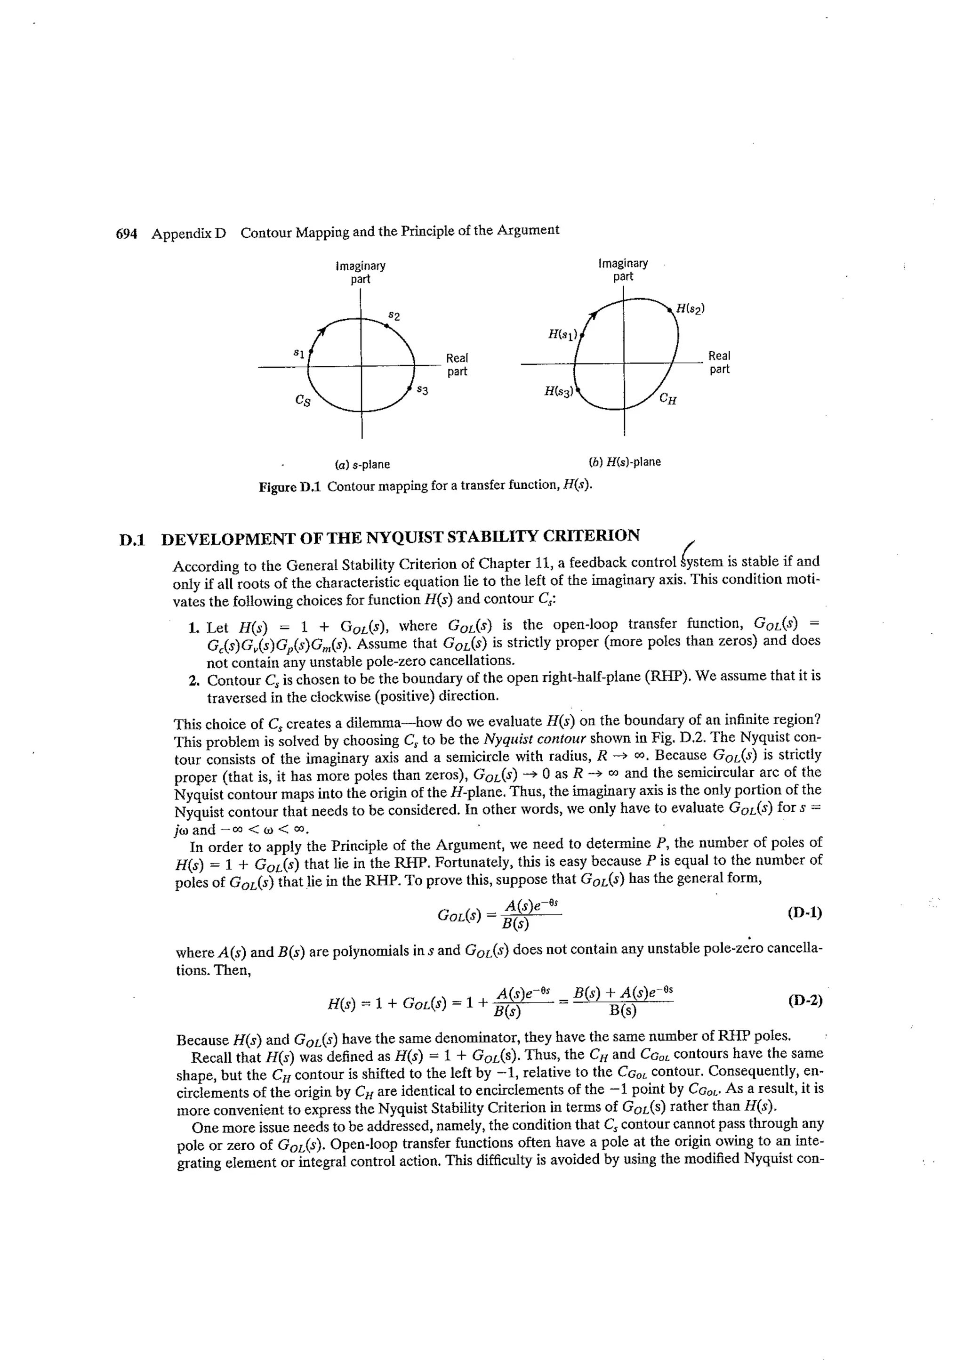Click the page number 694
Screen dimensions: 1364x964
tap(126, 234)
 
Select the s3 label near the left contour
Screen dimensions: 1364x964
tap(422, 390)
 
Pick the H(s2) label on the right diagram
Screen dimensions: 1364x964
tap(690, 308)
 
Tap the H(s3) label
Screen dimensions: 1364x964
tap(559, 391)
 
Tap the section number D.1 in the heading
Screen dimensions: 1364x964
tap(132, 540)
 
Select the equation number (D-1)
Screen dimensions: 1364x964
tap(805, 912)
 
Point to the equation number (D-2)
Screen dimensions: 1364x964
tap(805, 1001)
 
